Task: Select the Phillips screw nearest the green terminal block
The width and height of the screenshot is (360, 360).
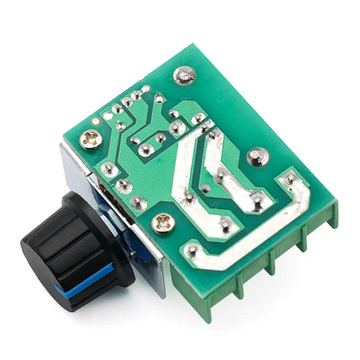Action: tap(161, 223)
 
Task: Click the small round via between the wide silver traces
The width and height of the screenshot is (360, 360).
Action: tap(205, 189)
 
